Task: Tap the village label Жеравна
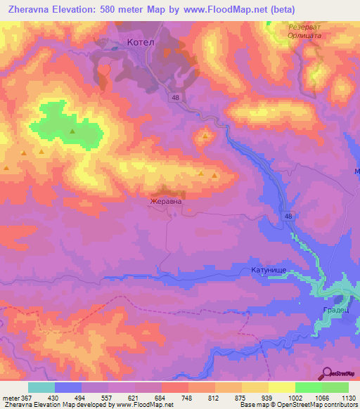coord(165,201)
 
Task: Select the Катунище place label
coord(268,269)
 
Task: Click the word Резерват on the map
coord(305,26)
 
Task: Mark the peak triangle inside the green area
coord(72,131)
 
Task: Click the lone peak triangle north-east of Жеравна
coord(205,136)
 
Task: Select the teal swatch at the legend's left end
coord(41,387)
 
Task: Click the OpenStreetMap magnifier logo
coord(326,373)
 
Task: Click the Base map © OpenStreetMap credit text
coord(295,405)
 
